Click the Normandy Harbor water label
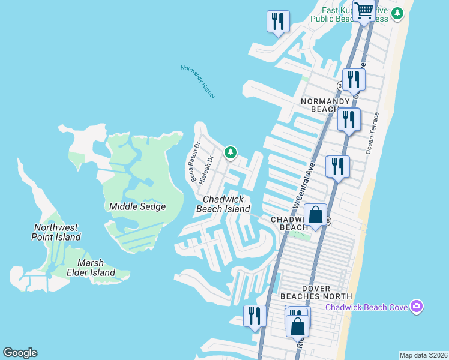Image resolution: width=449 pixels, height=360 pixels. (197, 81)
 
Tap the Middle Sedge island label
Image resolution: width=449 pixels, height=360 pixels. (137, 206)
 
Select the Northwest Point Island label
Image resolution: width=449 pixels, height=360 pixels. (56, 232)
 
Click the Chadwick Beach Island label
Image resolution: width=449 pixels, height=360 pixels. (223, 204)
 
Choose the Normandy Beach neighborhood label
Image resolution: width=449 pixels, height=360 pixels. (325, 105)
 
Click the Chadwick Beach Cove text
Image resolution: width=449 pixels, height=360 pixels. (366, 308)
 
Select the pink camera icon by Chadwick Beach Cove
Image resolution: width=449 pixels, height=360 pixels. (417, 307)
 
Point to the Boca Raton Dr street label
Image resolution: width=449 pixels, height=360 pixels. (195, 163)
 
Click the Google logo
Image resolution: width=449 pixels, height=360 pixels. (20, 353)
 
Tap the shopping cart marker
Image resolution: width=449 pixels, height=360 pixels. (364, 11)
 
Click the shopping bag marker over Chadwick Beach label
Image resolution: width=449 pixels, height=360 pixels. (315, 215)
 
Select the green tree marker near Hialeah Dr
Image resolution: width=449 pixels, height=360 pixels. (230, 153)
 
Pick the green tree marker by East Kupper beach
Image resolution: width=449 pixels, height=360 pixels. (397, 13)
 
